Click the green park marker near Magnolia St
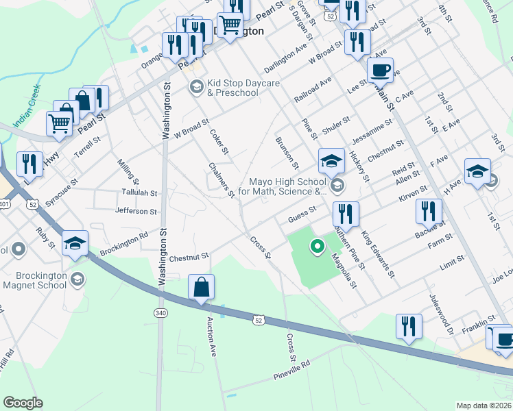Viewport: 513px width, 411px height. point(317,247)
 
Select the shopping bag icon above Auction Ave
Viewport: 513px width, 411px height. point(202,288)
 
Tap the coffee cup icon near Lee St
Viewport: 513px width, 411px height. point(380,70)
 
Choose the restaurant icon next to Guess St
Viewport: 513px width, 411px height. point(346,214)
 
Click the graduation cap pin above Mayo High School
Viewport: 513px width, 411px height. point(331,162)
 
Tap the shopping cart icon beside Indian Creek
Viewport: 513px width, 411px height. point(59,124)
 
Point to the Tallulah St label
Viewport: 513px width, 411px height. point(139,194)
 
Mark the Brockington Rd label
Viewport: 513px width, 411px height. point(124,242)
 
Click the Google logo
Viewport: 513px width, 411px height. point(23,403)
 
